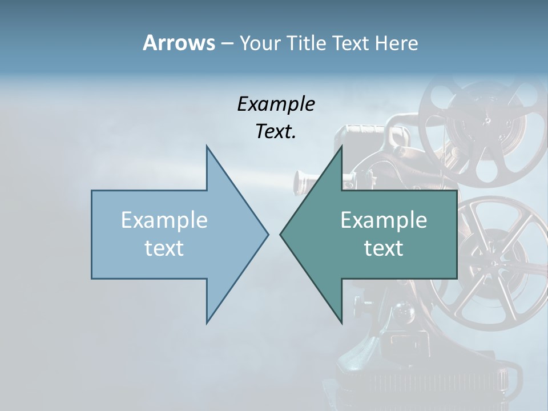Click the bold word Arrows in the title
[178, 43]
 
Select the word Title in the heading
[307, 43]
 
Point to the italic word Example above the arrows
[276, 104]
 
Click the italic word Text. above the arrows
[276, 131]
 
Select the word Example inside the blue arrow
[164, 220]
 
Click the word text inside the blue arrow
[164, 248]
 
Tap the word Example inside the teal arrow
[384, 220]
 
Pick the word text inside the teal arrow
[384, 248]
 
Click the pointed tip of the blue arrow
[267, 234]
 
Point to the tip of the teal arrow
[281, 234]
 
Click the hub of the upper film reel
[487, 120]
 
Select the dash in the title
[227, 43]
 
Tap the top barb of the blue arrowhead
[207, 147]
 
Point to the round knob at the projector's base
[404, 312]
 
